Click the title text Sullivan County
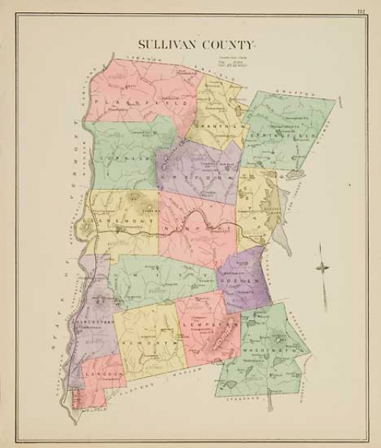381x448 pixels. pyautogui.click(x=197, y=45)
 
